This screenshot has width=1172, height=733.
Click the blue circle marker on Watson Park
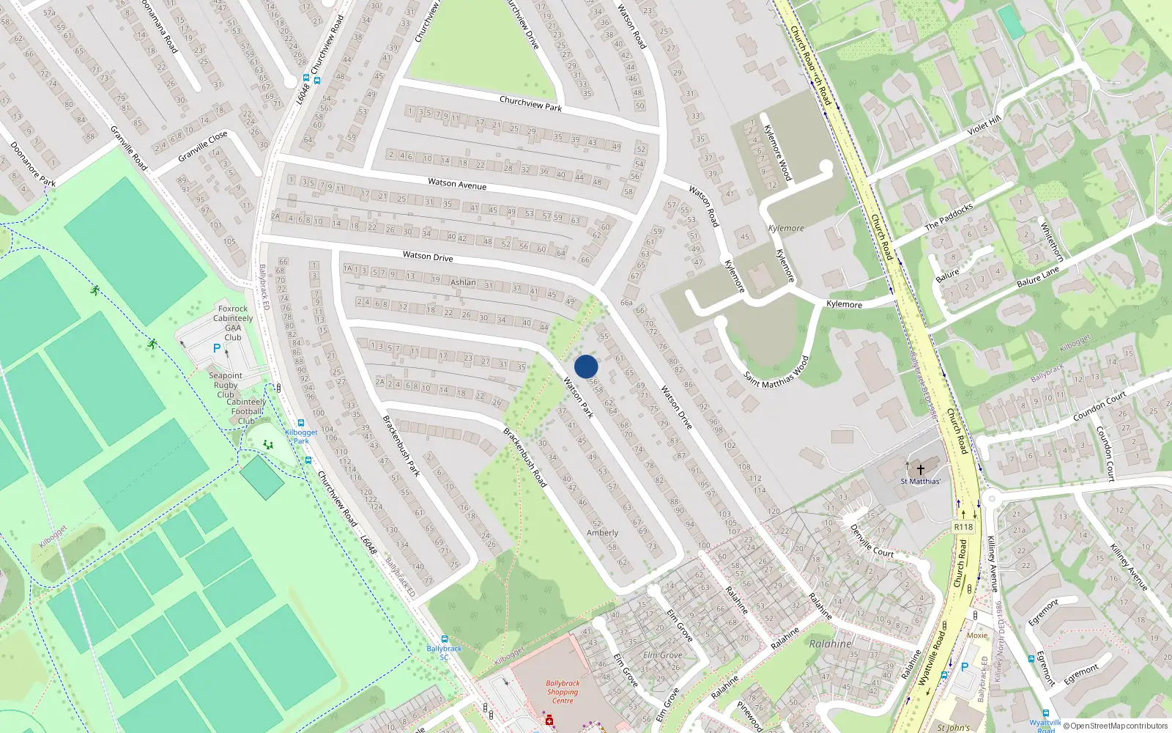586,366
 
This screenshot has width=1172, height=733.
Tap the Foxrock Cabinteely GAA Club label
233,323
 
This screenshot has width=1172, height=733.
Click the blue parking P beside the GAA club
217,349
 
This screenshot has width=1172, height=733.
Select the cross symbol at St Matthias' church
921,469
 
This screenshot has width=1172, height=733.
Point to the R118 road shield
963,527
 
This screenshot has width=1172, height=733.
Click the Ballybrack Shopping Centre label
562,692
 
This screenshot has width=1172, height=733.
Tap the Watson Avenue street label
457,184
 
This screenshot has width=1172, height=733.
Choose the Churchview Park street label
530,103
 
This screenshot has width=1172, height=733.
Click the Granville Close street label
203,147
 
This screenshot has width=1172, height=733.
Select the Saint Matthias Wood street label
776,372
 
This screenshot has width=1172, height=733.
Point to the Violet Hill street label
984,126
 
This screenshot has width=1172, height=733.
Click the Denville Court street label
872,541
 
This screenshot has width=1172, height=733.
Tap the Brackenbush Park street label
401,445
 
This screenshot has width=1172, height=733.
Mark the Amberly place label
602,533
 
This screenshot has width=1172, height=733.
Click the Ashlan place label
463,282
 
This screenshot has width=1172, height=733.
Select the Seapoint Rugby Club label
226,385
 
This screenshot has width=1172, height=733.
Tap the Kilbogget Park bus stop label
301,437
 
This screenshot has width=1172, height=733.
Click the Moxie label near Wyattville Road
976,636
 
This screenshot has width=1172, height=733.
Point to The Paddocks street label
949,217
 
